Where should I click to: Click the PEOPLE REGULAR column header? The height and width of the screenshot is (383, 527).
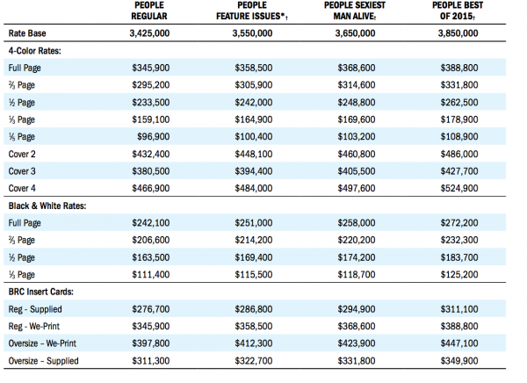[x=149, y=11]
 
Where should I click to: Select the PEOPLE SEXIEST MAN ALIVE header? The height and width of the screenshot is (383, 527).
[x=355, y=11]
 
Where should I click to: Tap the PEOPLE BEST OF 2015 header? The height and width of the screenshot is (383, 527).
[x=458, y=11]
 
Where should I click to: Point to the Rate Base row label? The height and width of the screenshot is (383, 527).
[x=27, y=33]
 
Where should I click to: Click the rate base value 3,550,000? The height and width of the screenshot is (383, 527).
[x=252, y=33]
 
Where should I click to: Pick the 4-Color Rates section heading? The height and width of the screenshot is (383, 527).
[x=35, y=51]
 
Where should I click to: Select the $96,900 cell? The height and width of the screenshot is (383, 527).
[x=153, y=136]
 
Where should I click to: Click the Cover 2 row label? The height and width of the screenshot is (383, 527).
[x=22, y=154]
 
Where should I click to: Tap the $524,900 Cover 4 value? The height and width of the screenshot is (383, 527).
[x=459, y=188]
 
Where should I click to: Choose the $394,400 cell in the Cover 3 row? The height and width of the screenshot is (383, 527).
[x=254, y=171]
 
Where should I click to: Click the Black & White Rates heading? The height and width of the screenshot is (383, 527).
[x=47, y=206]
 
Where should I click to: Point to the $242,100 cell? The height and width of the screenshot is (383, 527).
[x=150, y=222]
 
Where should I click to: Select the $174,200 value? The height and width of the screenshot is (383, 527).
[x=357, y=257]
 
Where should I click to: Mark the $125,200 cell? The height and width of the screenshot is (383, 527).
[x=459, y=274]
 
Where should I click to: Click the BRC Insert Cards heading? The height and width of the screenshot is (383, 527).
[x=41, y=292]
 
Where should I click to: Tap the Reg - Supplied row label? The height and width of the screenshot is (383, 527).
[x=35, y=309]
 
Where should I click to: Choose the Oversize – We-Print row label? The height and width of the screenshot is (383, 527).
[x=42, y=343]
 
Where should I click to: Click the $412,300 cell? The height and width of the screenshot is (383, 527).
[x=254, y=343]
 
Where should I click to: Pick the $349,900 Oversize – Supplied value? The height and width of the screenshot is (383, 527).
[x=459, y=361]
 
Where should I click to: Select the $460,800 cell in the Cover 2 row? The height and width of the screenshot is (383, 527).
[x=357, y=154]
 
